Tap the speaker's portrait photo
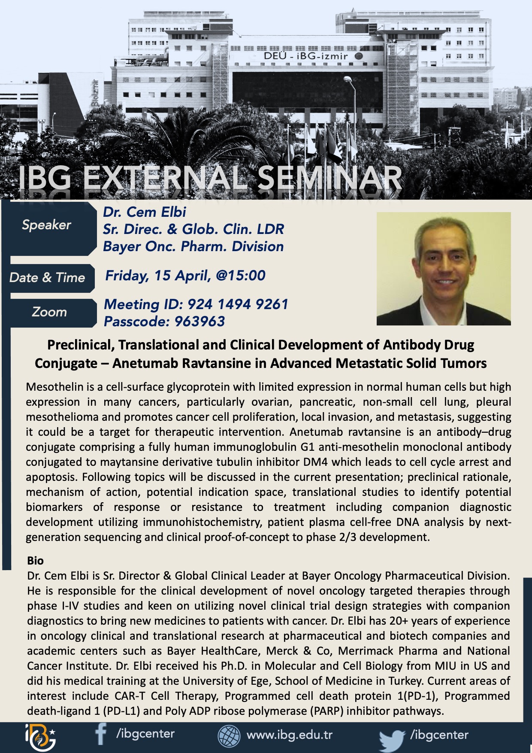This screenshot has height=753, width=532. pos(444,269)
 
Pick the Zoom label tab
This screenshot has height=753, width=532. pos(50,313)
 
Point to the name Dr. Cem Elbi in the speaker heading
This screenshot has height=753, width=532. pos(145,212)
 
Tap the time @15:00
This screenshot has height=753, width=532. pos(240,276)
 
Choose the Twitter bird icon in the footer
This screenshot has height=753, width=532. pos(392,740)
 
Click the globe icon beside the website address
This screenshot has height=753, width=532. pos(230,736)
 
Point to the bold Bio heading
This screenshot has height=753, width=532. pos(35,561)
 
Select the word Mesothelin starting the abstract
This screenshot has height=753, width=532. pos(54,387)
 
